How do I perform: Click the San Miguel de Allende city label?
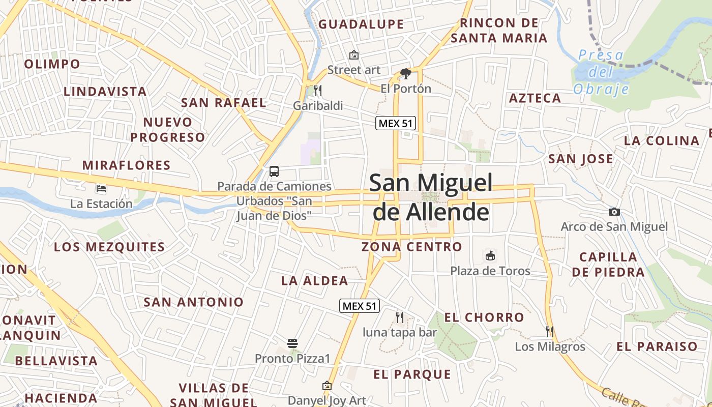point(431,197)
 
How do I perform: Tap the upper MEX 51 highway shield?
point(396,123)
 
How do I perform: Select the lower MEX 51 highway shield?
point(360,306)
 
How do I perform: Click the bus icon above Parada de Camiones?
point(274,171)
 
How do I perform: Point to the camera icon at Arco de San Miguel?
point(614,212)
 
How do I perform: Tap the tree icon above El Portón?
point(405,74)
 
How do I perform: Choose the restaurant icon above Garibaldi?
point(318,91)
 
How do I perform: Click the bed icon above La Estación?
point(101,189)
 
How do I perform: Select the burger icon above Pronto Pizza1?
point(292,343)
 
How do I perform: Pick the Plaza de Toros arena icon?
point(490,255)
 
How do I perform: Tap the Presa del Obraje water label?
point(601,72)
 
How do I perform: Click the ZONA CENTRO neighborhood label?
point(412,247)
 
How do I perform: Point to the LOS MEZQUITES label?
point(109,247)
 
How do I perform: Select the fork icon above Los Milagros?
point(550,332)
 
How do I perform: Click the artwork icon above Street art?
point(353,55)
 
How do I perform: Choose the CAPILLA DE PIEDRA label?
point(608,265)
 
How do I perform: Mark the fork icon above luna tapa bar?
point(400,317)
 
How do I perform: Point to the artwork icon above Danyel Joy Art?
point(327,386)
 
